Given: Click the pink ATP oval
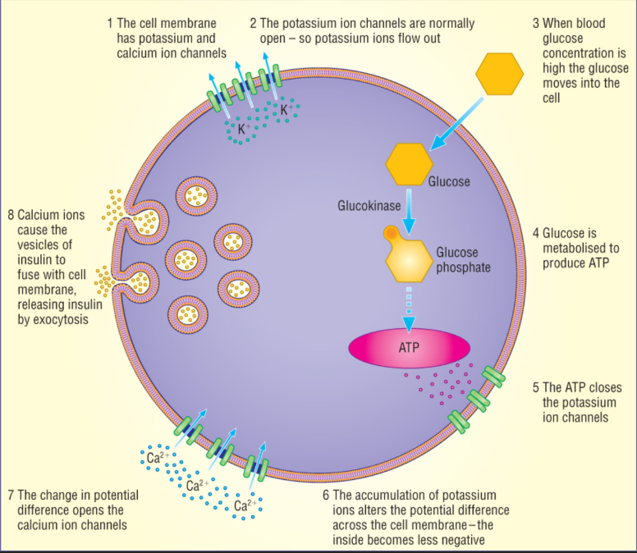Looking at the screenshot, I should coord(409,348).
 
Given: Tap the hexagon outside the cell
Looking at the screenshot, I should coord(499,75).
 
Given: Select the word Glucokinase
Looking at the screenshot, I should coord(369,205).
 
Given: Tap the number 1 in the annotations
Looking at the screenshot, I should coord(111,24).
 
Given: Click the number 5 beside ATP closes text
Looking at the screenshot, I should coord(535,388).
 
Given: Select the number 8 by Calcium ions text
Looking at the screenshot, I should coord(11,216).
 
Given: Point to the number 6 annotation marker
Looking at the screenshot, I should coord(326,496).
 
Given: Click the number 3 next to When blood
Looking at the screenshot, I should coord(535,24).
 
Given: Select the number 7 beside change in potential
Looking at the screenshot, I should coord(10,496).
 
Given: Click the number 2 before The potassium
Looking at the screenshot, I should coord(254,24).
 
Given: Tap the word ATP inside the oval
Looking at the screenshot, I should coord(409,348).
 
